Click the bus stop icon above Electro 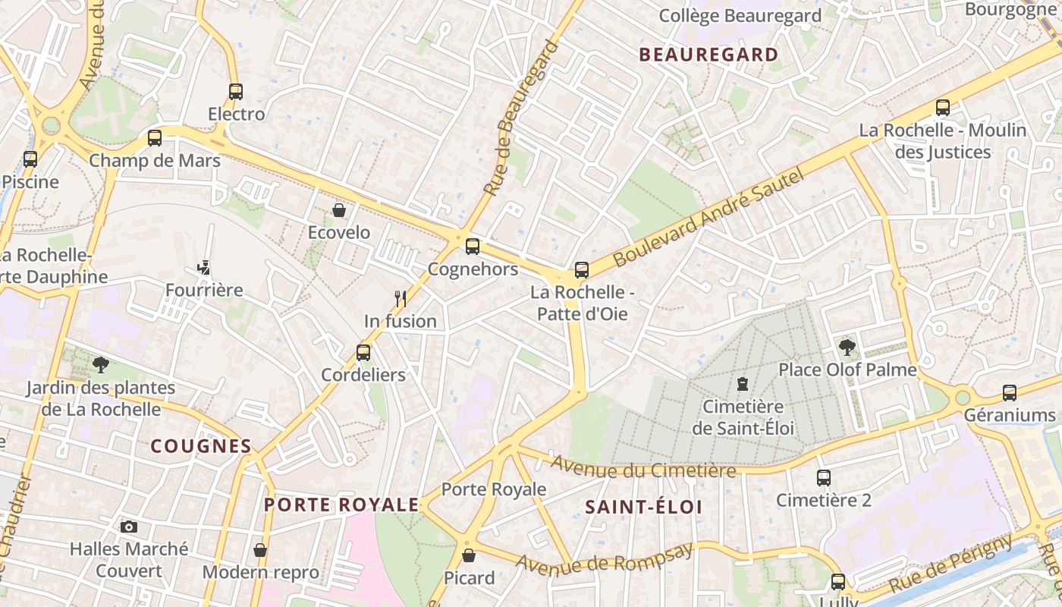pos(236,92)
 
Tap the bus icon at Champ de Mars pos(155,138)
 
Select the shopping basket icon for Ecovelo pos(339,210)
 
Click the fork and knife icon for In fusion pos(401,298)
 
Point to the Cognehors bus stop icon pos(473,247)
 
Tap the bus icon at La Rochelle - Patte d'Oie pos(582,269)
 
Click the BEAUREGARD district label pos(709,55)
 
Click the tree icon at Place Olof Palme pos(847,348)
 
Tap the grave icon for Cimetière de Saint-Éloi pos(743,384)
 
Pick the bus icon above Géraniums pos(1010,393)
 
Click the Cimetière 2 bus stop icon pos(824,478)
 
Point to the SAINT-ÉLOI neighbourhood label pos(643,507)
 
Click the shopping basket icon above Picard pos(469,555)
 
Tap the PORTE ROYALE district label pos(341,505)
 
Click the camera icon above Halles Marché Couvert pos(129,527)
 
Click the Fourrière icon pos(203,268)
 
